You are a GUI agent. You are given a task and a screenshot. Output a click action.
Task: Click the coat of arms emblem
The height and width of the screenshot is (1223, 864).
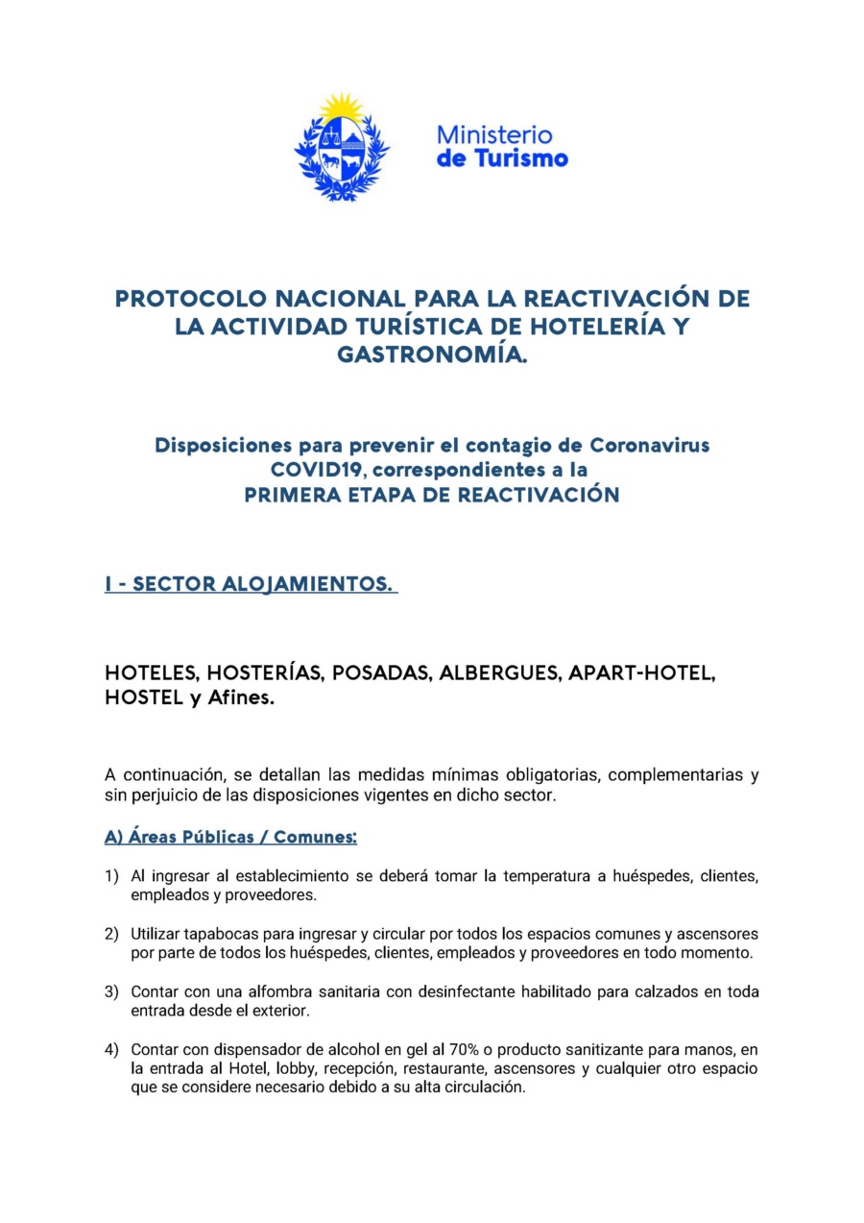pyautogui.click(x=341, y=154)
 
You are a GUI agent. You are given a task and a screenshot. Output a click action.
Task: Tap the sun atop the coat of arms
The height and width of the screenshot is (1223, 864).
pyautogui.click(x=341, y=107)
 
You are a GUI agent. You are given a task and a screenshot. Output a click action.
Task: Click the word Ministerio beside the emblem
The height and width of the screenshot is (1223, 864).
pyautogui.click(x=494, y=135)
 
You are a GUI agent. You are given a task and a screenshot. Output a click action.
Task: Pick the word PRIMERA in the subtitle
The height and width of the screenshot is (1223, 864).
pyautogui.click(x=288, y=496)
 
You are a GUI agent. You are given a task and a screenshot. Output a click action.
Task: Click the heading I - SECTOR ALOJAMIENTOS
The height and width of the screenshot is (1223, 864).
pyautogui.click(x=251, y=585)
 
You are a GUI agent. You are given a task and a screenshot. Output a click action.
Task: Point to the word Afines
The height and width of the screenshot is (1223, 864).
pyautogui.click(x=238, y=699)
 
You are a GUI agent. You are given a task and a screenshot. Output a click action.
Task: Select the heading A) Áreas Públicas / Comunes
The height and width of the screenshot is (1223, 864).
pyautogui.click(x=230, y=837)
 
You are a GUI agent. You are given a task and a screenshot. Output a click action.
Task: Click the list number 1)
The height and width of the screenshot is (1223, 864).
pyautogui.click(x=112, y=876)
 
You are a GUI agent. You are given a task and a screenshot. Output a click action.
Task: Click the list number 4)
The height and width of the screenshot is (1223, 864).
pyautogui.click(x=112, y=1050)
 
